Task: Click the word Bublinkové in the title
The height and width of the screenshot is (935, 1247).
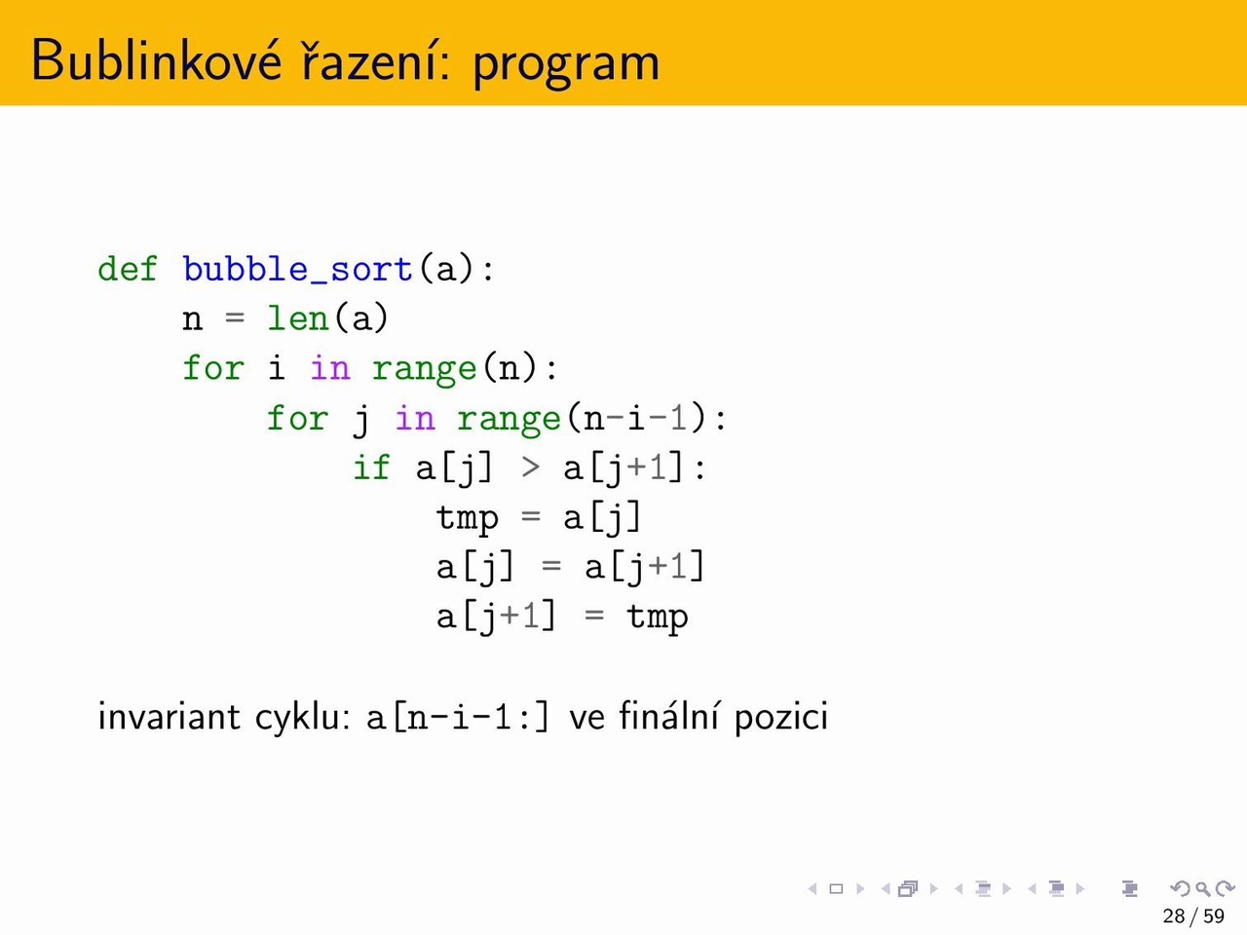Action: pyautogui.click(x=156, y=59)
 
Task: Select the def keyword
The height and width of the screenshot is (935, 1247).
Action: pyautogui.click(x=128, y=268)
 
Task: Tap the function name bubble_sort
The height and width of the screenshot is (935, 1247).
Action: pyautogui.click(x=297, y=269)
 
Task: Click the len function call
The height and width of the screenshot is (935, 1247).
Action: pyautogui.click(x=298, y=318)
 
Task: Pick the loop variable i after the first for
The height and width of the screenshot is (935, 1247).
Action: pyautogui.click(x=276, y=368)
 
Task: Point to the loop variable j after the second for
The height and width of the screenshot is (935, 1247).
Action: pyautogui.click(x=360, y=420)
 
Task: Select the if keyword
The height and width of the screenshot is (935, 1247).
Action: pyautogui.click(x=371, y=467)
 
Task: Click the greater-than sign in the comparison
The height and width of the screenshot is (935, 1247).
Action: pyautogui.click(x=530, y=468)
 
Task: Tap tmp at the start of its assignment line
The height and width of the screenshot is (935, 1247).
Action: pyautogui.click(x=467, y=519)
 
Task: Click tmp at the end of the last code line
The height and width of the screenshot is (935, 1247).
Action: pyautogui.click(x=657, y=618)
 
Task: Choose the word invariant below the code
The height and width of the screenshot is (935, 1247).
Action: pyautogui.click(x=169, y=716)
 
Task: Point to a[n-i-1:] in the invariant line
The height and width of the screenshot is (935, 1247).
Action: pyautogui.click(x=457, y=717)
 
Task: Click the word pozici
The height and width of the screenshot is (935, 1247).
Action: pyautogui.click(x=781, y=718)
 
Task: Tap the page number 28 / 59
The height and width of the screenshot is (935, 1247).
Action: pyautogui.click(x=1193, y=916)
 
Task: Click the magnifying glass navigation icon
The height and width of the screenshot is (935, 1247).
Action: pyautogui.click(x=1203, y=888)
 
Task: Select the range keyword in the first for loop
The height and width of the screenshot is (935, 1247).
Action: pyautogui.click(x=424, y=370)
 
